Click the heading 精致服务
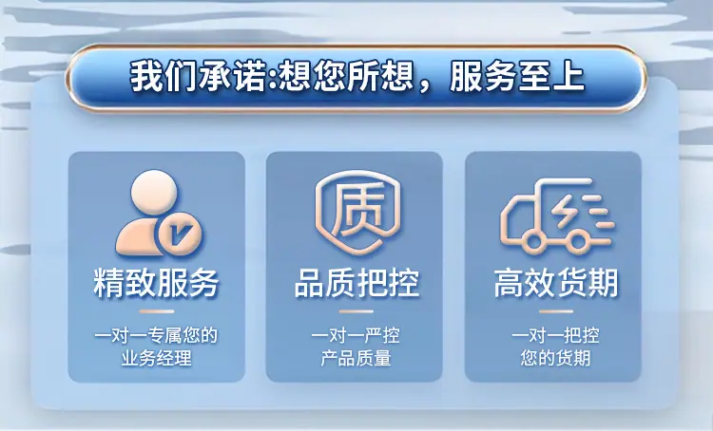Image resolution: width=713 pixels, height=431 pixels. click(156, 284)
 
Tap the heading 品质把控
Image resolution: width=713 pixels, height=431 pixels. click(356, 284)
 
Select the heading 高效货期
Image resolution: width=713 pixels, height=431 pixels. click(556, 284)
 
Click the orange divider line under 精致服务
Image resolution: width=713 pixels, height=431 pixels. click(157, 311)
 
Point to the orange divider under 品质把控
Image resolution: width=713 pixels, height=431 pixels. click(356, 311)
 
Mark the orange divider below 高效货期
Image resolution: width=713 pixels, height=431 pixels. click(556, 311)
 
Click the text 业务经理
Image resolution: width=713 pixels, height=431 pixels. click(156, 358)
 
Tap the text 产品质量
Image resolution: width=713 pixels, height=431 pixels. click(356, 358)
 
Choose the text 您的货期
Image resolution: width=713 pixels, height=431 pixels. click(556, 358)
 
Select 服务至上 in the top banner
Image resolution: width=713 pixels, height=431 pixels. click(517, 77)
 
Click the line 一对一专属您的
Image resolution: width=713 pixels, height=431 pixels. click(156, 336)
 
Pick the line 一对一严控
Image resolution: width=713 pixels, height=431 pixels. click(356, 336)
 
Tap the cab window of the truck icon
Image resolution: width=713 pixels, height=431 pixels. click(518, 213)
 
